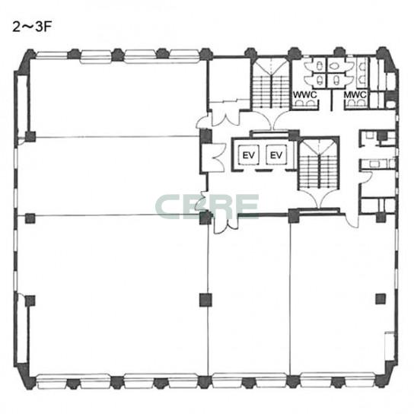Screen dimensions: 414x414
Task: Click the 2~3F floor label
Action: click(x=31, y=27)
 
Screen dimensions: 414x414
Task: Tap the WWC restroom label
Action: click(x=305, y=94)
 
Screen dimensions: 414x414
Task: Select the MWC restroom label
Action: click(x=355, y=94)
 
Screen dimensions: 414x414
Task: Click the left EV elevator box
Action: click(x=248, y=155)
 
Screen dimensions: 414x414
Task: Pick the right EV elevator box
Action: click(x=276, y=155)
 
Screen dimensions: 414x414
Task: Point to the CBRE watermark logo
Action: click(x=207, y=206)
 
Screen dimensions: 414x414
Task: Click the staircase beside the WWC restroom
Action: click(x=270, y=84)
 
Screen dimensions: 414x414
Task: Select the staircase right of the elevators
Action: click(x=319, y=164)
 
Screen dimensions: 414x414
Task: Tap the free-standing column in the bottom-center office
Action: click(x=205, y=300)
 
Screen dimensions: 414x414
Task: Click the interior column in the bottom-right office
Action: click(x=381, y=298)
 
